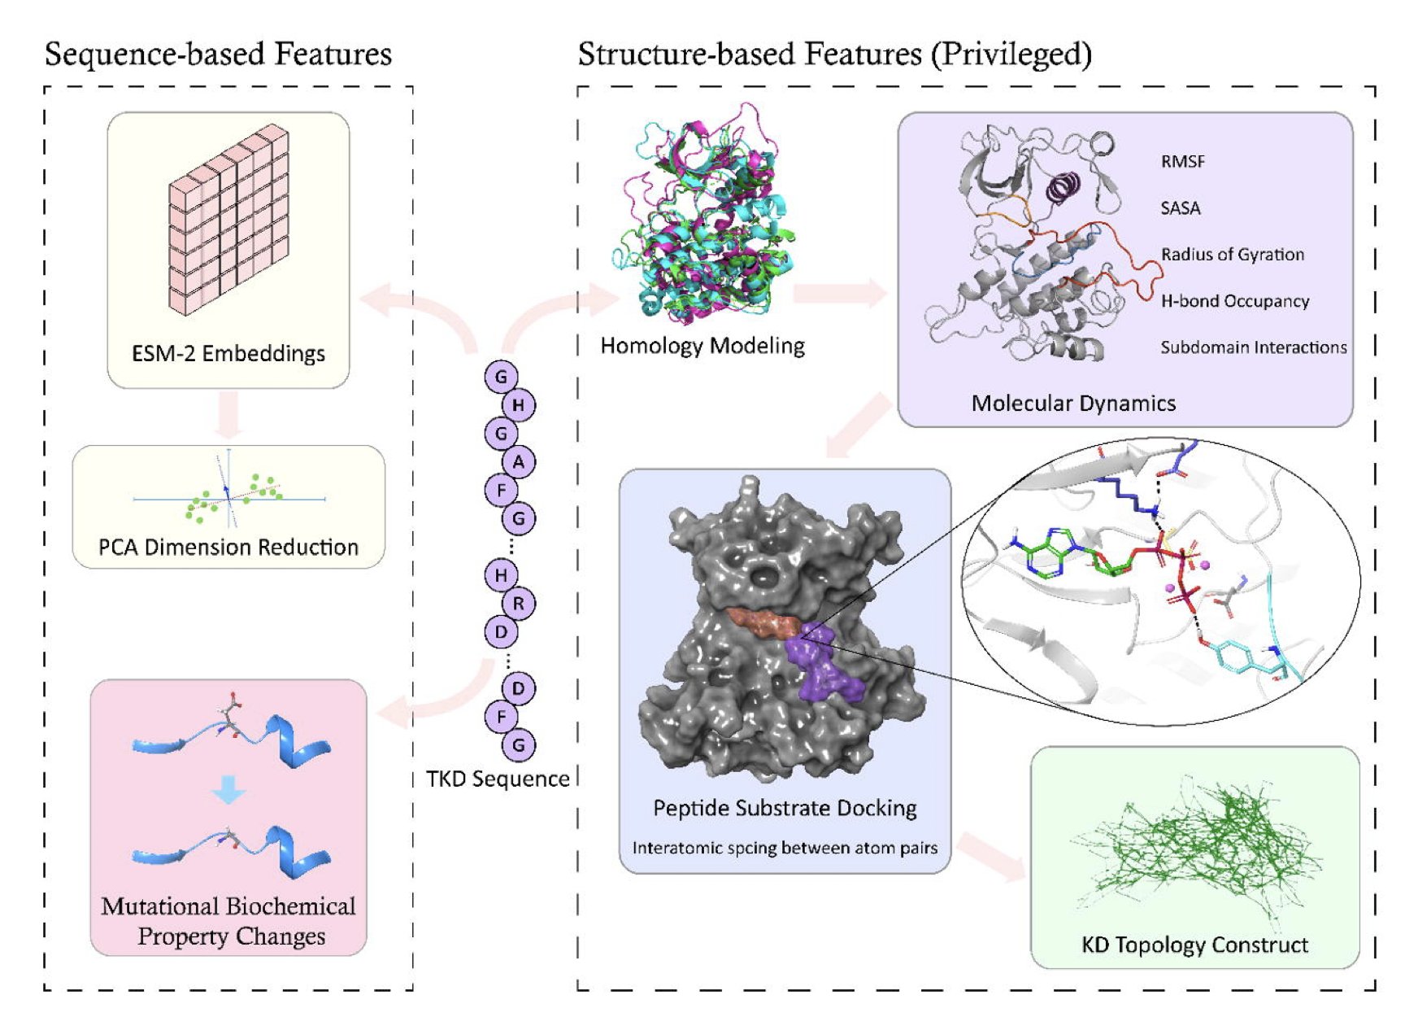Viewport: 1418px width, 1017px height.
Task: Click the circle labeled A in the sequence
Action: point(518,462)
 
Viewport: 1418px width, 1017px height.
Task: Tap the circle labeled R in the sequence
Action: point(518,604)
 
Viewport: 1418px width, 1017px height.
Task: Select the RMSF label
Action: point(1182,161)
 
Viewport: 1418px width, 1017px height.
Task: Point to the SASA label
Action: point(1180,208)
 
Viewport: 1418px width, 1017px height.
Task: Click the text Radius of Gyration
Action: point(1232,255)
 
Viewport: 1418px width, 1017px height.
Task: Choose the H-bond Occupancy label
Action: point(1234,301)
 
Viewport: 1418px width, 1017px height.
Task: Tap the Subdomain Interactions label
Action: point(1253,347)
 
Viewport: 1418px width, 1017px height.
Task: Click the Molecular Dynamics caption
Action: point(1073,403)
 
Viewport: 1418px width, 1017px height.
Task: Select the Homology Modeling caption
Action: point(702,346)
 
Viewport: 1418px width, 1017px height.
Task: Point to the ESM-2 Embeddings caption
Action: point(228,353)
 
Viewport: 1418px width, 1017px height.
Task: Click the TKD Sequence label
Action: point(498,779)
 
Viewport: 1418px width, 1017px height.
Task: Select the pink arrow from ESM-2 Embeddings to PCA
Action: point(228,415)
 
